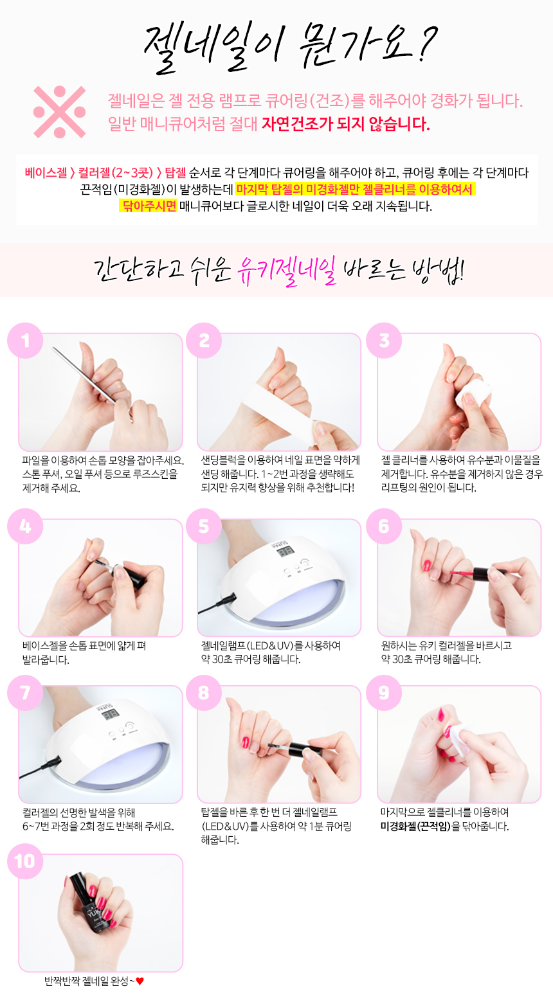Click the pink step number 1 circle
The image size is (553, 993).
point(25,339)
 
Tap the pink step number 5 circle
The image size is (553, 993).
point(204,526)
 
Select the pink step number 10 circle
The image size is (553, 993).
point(25,861)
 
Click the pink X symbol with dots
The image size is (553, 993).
point(59,112)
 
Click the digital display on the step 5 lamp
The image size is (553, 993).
point(287,551)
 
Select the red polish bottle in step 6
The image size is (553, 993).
point(484,571)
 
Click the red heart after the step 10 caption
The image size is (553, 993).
point(140,981)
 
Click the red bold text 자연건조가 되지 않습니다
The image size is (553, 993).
point(345,123)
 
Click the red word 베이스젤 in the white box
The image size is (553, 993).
point(46,173)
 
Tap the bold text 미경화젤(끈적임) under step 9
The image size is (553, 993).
point(415,827)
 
